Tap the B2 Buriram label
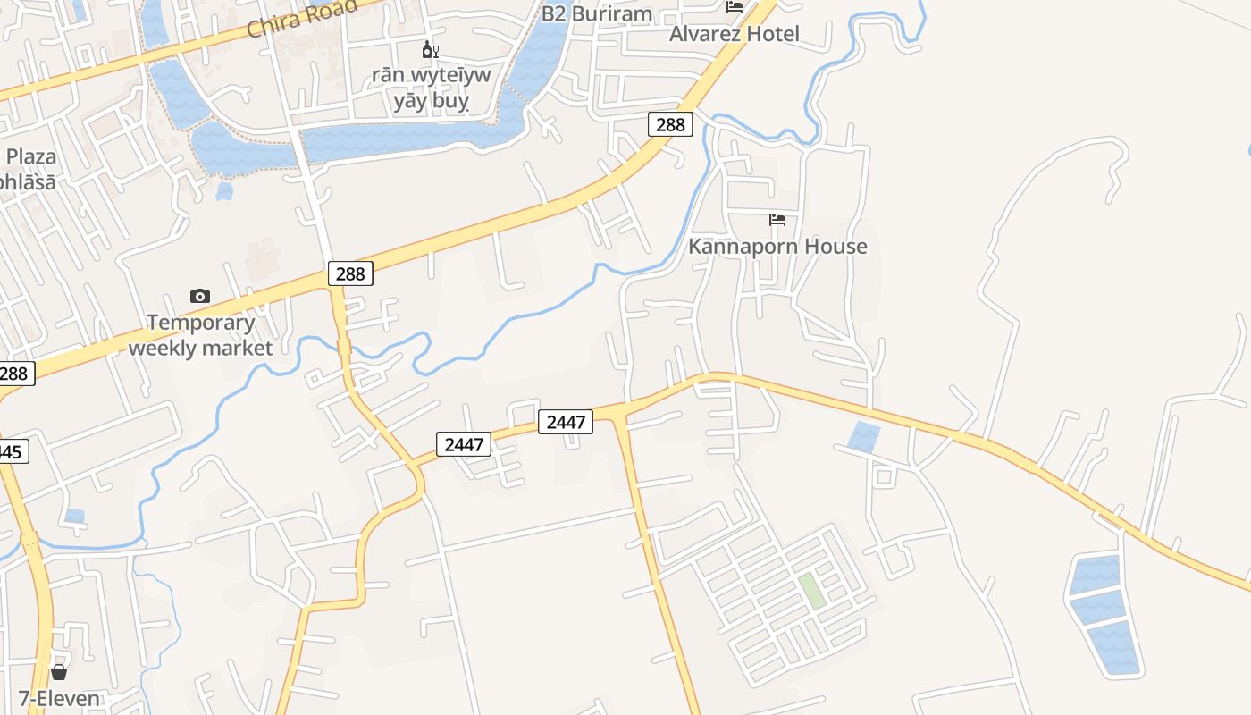click(x=597, y=14)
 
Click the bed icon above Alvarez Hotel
click(x=735, y=7)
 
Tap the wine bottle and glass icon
click(x=431, y=50)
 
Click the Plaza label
click(x=31, y=157)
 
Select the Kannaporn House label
click(x=777, y=246)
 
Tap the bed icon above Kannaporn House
click(x=777, y=220)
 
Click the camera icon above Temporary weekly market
click(x=200, y=296)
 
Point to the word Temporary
click(x=201, y=323)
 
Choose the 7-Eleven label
click(x=59, y=698)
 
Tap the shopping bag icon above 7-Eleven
click(x=59, y=671)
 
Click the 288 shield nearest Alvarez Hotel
click(x=670, y=124)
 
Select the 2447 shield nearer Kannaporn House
click(x=566, y=421)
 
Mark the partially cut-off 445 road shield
click(x=13, y=451)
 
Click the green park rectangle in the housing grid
click(x=811, y=591)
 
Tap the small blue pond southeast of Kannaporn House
click(x=864, y=436)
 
